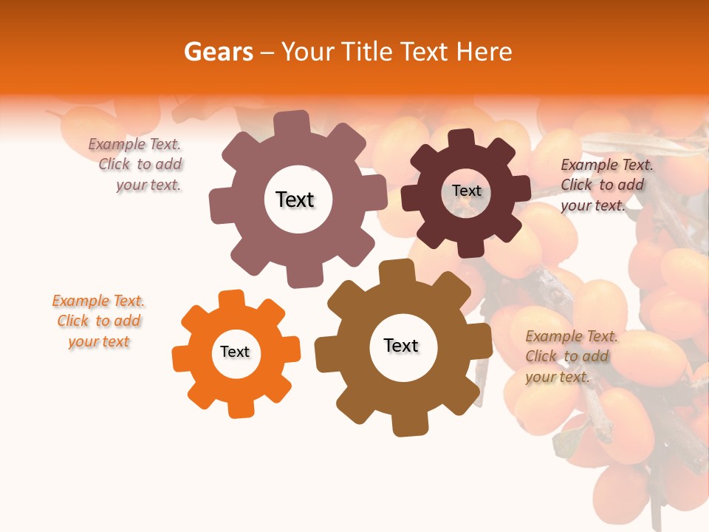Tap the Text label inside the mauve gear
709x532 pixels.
tap(295, 199)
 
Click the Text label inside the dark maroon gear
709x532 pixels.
tap(466, 191)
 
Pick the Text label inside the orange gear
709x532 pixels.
tap(235, 352)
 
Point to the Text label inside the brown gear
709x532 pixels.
tap(401, 345)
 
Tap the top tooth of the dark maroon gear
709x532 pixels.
tap(460, 138)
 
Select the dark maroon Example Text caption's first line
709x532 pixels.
tap(606, 165)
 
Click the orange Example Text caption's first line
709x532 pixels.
tap(98, 301)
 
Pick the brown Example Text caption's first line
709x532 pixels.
tap(571, 336)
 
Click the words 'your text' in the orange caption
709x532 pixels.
tap(98, 341)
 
